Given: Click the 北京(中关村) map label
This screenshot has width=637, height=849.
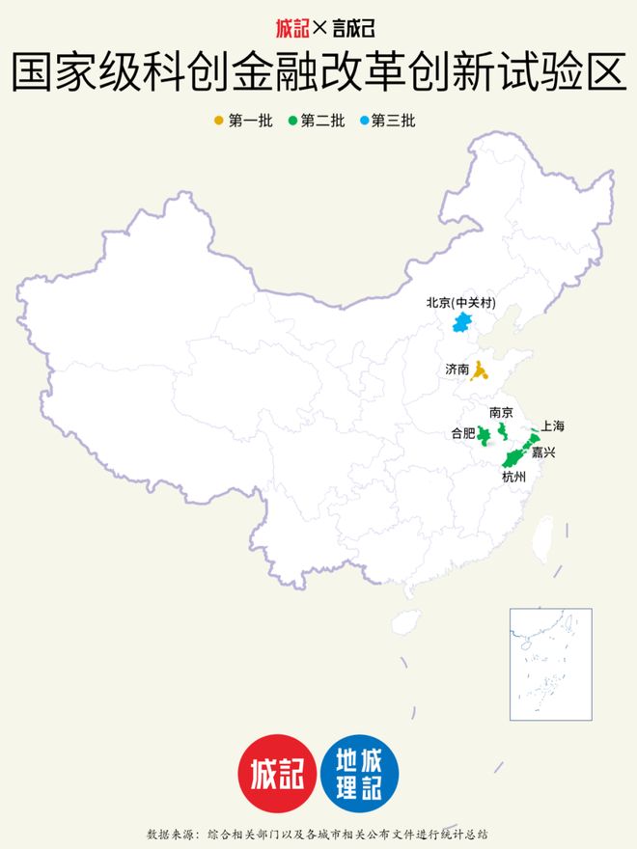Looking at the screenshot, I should (x=461, y=303).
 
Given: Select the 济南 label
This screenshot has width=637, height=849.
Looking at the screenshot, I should (x=457, y=370).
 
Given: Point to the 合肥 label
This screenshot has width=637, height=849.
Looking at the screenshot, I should (x=463, y=433).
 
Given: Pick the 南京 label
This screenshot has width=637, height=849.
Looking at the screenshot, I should (x=502, y=413).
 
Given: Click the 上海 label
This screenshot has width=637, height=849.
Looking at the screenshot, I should (x=553, y=424).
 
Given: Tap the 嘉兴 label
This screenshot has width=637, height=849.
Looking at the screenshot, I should (x=544, y=452).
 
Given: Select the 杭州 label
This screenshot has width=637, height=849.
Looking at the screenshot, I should (x=513, y=477).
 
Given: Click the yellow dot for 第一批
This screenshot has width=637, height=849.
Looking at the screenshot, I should (x=218, y=121).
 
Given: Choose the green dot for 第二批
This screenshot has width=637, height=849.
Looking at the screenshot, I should (x=291, y=121).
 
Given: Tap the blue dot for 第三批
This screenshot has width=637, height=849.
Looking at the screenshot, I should (x=363, y=121).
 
